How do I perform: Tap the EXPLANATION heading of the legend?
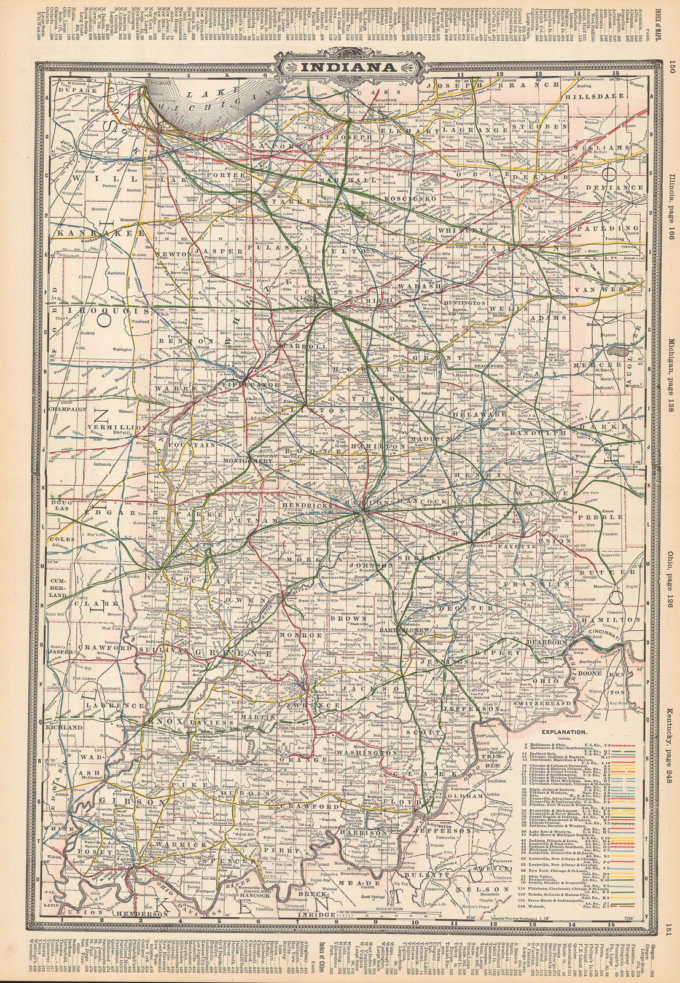point(565,732)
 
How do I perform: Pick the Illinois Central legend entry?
point(545,823)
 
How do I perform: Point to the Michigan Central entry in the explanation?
point(547,850)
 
